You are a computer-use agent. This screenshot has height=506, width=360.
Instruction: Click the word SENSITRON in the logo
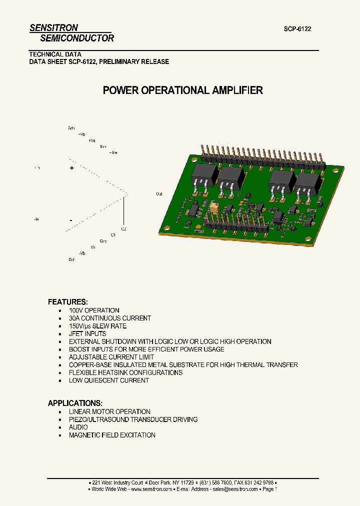53,28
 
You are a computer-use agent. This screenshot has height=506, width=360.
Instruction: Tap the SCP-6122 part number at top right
297,29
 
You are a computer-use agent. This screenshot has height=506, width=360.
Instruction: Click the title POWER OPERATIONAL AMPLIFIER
182,90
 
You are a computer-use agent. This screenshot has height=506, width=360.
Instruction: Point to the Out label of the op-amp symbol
159,193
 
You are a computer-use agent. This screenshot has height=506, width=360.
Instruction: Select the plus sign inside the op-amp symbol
71,169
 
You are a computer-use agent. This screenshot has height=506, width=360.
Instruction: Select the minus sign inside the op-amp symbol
71,220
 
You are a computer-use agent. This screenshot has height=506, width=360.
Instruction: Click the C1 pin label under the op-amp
113,234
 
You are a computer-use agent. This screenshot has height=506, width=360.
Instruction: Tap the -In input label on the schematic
36,219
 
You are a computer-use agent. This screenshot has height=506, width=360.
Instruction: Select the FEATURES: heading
67,302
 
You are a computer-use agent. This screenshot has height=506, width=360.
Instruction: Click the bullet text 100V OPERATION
94,310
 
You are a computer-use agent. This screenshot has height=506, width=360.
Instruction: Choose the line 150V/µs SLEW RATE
97,326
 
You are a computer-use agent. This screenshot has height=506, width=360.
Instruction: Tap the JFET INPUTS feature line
87,333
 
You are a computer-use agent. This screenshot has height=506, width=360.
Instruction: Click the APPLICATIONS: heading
75,403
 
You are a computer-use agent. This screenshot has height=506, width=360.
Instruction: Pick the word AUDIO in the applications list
78,427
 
